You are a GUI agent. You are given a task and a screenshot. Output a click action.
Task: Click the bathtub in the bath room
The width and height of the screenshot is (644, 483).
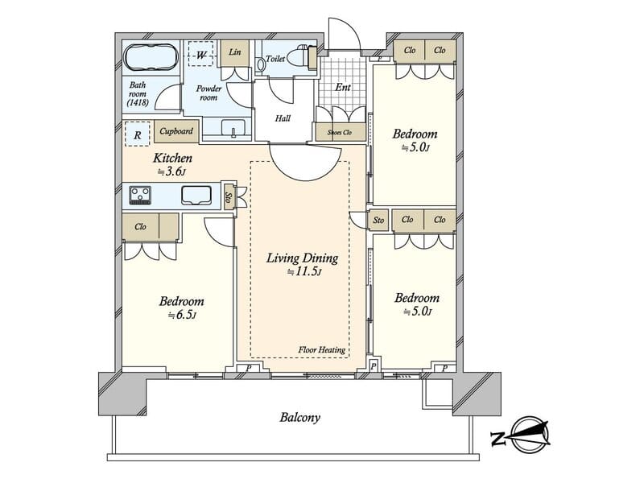151,57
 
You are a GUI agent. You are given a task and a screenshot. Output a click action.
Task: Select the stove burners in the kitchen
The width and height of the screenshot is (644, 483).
140,195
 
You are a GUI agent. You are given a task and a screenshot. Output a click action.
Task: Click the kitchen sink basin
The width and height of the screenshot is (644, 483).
196,195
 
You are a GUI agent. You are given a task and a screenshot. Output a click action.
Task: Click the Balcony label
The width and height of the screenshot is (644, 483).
299,418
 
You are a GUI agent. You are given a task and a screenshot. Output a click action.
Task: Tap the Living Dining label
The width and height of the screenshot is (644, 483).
303,258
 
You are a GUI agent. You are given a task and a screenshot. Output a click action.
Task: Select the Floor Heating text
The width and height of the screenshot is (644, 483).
321,350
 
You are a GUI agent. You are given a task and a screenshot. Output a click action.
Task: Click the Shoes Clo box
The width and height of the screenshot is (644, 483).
340,132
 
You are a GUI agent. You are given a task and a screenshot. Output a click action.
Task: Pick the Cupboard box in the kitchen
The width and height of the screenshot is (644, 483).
176,131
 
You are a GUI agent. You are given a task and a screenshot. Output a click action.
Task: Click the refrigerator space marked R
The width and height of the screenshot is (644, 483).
138,134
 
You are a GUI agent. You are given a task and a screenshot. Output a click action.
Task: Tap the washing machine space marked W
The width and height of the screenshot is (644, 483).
200,54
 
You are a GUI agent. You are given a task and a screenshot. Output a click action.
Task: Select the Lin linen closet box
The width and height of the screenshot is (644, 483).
235,53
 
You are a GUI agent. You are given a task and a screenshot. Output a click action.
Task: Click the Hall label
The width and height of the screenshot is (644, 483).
283,118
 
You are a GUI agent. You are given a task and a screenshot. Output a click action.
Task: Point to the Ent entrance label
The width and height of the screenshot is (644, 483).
343,87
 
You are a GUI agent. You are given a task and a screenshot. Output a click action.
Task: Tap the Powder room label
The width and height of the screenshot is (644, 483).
208,93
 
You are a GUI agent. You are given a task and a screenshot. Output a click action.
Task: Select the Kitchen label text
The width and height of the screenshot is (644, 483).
172,158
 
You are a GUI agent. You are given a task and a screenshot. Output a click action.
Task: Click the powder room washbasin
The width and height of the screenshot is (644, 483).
233,127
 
